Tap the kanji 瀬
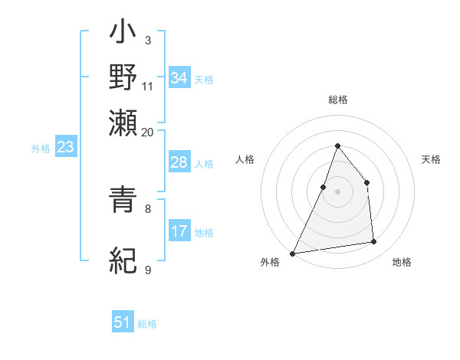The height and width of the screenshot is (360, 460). tap(123, 120)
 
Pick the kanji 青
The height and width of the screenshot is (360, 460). tap(123, 200)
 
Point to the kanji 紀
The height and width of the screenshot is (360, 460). tap(123, 260)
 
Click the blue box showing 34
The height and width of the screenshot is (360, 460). tap(179, 78)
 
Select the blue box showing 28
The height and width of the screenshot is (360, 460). tap(179, 163)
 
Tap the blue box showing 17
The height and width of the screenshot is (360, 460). tap(179, 231)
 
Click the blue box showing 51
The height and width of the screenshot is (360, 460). tap(123, 322)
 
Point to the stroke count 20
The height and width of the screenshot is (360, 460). tap(147, 133)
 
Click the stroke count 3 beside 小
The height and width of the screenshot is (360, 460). tap(147, 39)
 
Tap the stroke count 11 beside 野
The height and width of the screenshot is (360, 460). tap(147, 86)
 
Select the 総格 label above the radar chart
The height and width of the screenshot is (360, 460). tap(337, 100)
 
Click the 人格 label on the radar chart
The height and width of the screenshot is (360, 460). tap(245, 159)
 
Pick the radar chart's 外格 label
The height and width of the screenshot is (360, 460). tap(270, 262)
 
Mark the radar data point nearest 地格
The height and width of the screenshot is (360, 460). tap(374, 242)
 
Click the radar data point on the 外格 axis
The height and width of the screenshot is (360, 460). tap(292, 253)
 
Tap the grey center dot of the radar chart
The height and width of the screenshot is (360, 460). tap(337, 191)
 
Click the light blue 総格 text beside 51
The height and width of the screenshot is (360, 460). tap(147, 324)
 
